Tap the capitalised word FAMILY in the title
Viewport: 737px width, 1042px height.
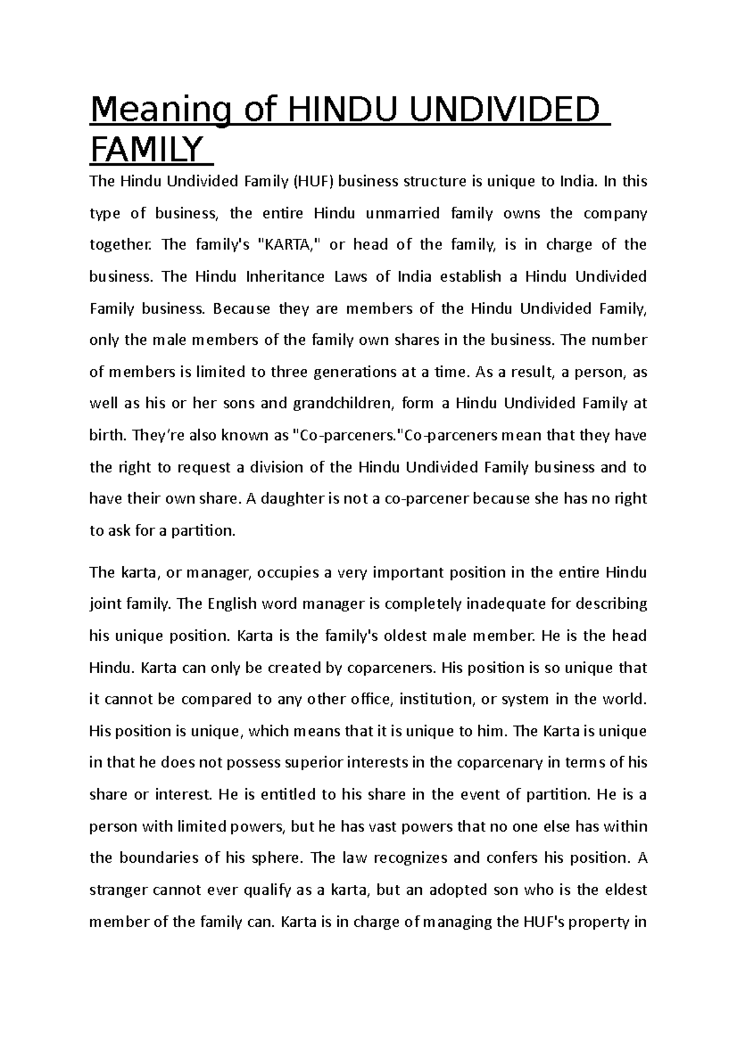coord(146,150)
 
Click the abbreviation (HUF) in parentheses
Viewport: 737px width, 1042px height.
coord(313,182)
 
